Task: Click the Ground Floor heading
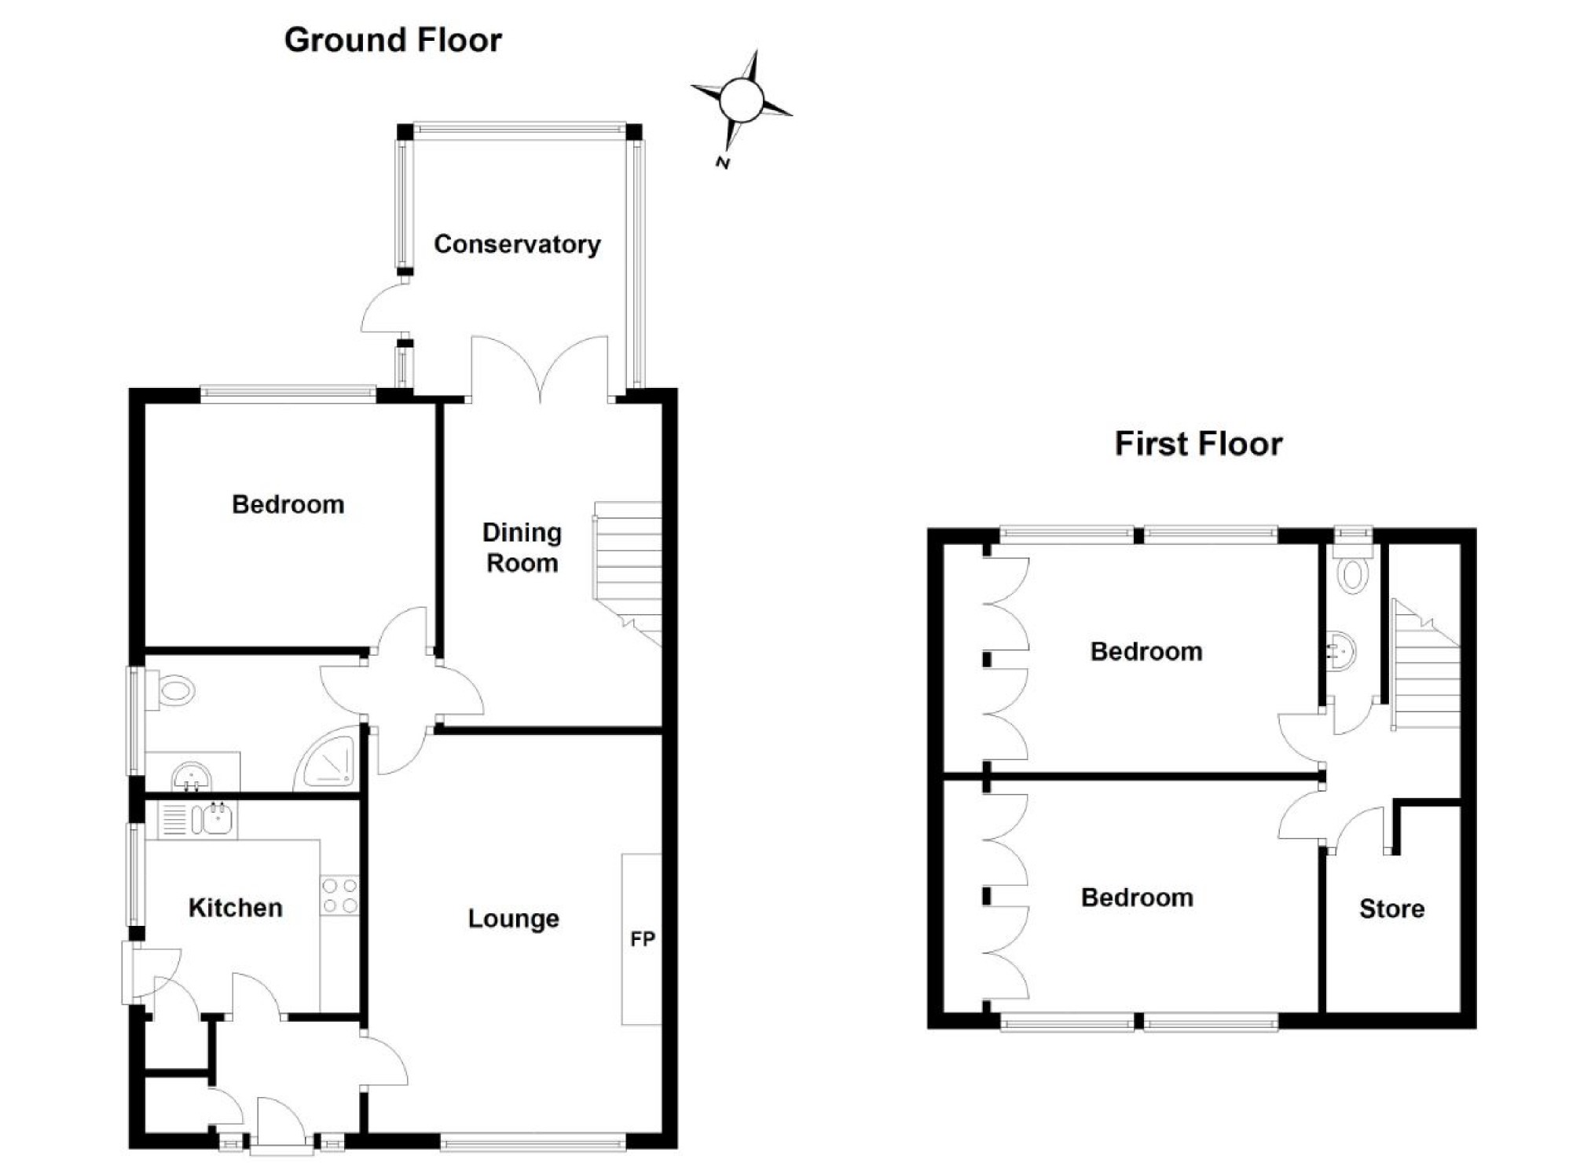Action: pos(393,41)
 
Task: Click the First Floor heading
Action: pos(1198,444)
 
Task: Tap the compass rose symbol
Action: pos(741,100)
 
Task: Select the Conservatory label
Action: pos(517,244)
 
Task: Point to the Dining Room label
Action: pos(522,548)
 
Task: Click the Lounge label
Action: pos(513,918)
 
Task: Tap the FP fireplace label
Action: pos(642,939)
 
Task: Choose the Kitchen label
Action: pos(235,908)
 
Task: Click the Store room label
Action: pos(1391,909)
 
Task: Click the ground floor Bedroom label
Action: pos(288,504)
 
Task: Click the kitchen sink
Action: pos(212,819)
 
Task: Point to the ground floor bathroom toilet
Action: pos(172,691)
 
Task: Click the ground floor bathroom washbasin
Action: pos(191,776)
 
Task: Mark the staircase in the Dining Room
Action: pos(629,569)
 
